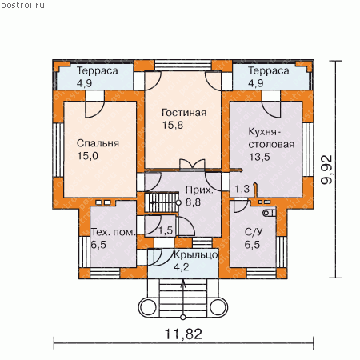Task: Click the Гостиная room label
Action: [184, 113]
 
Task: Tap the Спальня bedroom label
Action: [98, 143]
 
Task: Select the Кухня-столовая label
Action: [271, 138]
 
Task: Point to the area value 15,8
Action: [173, 125]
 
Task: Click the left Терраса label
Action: [98, 71]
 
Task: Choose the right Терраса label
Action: [269, 71]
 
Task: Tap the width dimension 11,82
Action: [183, 334]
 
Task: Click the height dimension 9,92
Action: [327, 170]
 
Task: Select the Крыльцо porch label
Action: [196, 254]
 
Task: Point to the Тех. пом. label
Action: [114, 232]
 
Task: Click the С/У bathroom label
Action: [254, 232]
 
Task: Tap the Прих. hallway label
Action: [199, 190]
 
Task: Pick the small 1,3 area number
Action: [242, 189]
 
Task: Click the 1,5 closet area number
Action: [166, 230]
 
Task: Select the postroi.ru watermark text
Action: [22, 6]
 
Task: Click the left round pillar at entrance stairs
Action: [147, 307]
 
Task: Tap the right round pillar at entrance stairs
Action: [219, 307]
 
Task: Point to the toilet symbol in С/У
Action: [270, 213]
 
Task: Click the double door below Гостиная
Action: [192, 165]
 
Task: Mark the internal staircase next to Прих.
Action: [162, 202]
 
